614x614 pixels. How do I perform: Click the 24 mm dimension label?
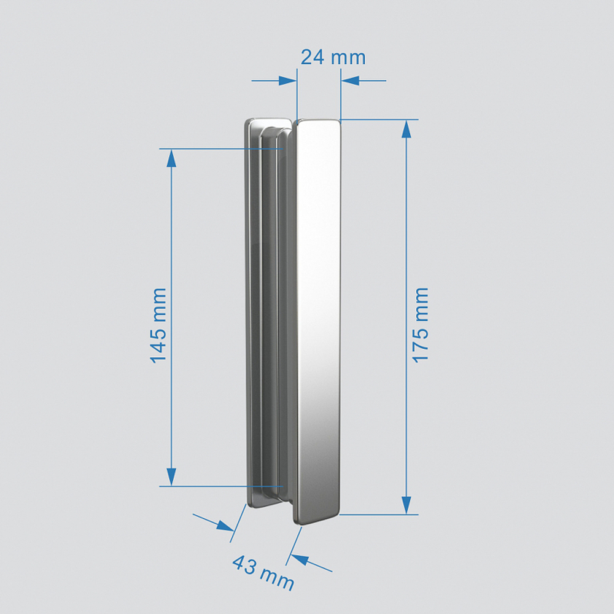click(333, 58)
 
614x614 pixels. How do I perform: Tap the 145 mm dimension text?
click(158, 325)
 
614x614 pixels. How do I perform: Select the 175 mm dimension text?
click(421, 325)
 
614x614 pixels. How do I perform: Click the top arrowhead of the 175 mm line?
click(406, 128)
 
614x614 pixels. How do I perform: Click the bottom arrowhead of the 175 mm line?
click(406, 505)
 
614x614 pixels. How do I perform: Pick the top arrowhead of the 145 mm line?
click(171, 158)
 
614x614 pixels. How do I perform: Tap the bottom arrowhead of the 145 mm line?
click(171, 476)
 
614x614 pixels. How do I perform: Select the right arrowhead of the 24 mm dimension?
click(350, 80)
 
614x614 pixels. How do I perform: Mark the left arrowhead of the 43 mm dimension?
click(225, 525)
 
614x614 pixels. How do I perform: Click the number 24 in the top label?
click(313, 58)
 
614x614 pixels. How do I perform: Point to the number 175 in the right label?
click(421, 344)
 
